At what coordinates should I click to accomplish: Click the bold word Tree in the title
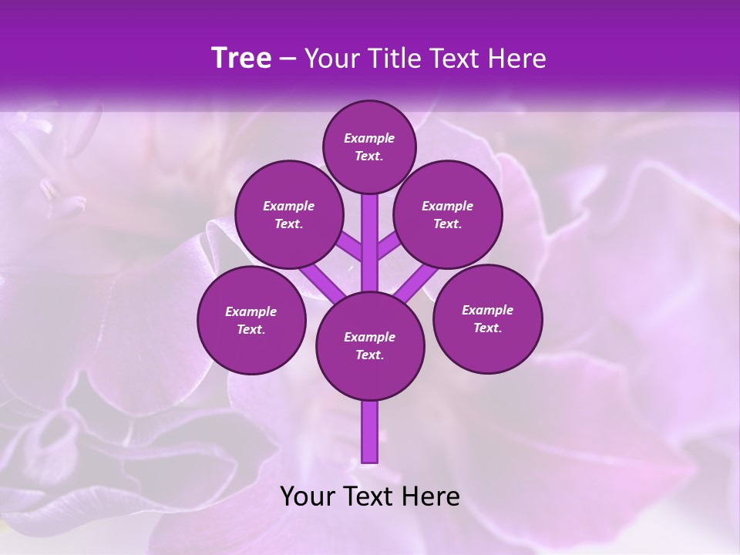coord(241,59)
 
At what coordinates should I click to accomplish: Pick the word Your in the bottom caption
coord(308,496)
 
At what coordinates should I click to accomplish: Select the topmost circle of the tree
coord(369,146)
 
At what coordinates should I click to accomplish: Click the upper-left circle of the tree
coord(289,215)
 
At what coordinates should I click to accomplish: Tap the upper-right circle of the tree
coord(448,215)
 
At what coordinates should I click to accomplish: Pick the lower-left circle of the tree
coord(251,320)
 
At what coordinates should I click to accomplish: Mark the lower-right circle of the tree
coord(487,318)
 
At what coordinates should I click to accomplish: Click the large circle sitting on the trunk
coord(370,346)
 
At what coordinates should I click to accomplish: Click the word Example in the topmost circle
coord(369,139)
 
